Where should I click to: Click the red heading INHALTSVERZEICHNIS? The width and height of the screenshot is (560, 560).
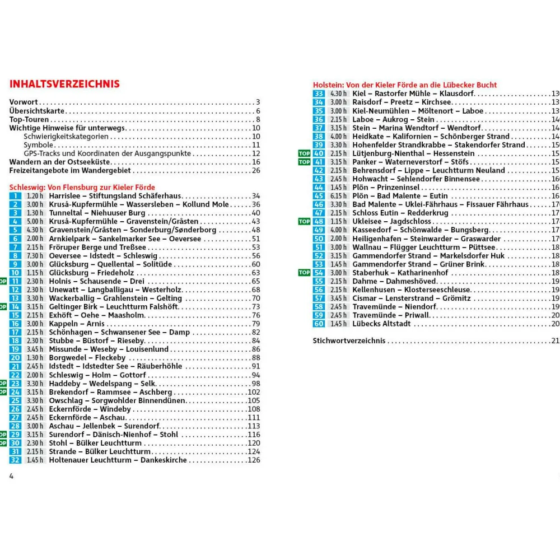pyautogui.click(x=64, y=84)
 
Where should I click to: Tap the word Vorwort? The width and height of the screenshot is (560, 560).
pyautogui.click(x=24, y=102)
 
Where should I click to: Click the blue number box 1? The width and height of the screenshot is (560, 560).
pyautogui.click(x=16, y=196)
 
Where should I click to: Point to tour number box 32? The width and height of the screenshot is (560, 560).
pyautogui.click(x=16, y=460)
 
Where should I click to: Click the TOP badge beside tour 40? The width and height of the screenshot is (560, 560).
pyautogui.click(x=304, y=153)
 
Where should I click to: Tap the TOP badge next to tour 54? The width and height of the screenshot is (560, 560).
pyautogui.click(x=304, y=273)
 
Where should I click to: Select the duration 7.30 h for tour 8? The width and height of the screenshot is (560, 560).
pyautogui.click(x=35, y=256)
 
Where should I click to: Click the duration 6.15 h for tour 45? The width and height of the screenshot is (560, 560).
pyautogui.click(x=338, y=196)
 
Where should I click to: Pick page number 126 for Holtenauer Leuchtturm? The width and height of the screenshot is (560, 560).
pyautogui.click(x=254, y=460)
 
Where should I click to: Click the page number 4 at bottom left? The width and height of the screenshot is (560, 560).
pyautogui.click(x=11, y=477)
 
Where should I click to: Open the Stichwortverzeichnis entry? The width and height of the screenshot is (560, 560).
pyautogui.click(x=349, y=340)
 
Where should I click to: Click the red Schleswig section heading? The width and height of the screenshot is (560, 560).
pyautogui.click(x=82, y=187)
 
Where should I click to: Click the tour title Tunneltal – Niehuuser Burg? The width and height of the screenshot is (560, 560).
pyautogui.click(x=97, y=213)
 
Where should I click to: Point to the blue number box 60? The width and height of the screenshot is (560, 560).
pyautogui.click(x=319, y=324)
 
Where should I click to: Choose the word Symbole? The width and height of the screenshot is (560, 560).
pyautogui.click(x=38, y=145)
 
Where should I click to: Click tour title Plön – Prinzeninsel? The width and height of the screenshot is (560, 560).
pyautogui.click(x=386, y=188)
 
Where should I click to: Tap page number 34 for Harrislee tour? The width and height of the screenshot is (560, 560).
pyautogui.click(x=256, y=196)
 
